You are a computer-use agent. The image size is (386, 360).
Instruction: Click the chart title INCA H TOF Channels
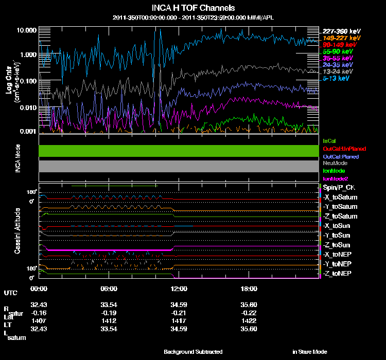[x=194, y=8]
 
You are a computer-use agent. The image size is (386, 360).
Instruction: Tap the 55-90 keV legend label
[x=337, y=52]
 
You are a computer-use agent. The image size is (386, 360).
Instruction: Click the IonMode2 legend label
[x=335, y=178]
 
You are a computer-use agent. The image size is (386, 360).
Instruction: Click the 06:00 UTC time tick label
[x=109, y=289]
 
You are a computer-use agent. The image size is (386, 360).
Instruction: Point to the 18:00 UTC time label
[x=249, y=289]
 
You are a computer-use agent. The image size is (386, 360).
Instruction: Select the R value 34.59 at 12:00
[x=179, y=305]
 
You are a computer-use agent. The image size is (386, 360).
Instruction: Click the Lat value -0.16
[x=39, y=312]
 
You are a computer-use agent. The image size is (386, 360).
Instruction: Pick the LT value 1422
[x=249, y=319]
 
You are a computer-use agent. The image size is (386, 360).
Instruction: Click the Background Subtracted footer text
[x=193, y=352]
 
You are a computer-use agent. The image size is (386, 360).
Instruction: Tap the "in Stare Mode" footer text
[x=310, y=352]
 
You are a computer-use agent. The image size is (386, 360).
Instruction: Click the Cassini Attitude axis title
[x=17, y=230]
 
